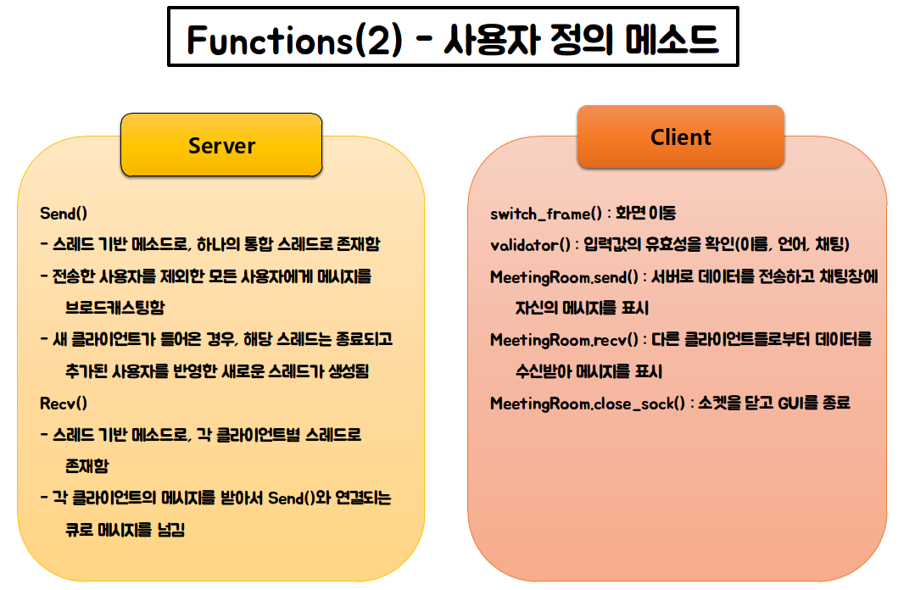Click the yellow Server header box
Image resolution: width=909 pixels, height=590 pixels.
(x=221, y=145)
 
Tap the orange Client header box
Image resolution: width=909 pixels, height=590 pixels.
(x=681, y=136)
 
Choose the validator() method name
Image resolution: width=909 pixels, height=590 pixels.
(x=530, y=245)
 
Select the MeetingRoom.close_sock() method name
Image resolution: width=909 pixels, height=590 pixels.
(x=587, y=404)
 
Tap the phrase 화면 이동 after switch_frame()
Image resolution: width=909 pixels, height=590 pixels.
(x=645, y=213)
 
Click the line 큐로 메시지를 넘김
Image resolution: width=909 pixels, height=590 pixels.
(x=125, y=530)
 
